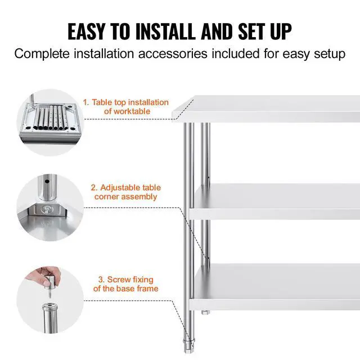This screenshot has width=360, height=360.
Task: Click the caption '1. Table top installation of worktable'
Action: pos(126,107)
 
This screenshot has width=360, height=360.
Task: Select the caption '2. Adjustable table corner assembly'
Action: pos(125,192)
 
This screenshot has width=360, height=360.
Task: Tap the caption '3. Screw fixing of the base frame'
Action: pos(125,284)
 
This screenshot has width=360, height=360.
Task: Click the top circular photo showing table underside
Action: pos(49,121)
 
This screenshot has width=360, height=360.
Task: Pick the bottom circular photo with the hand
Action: pos(49,299)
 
